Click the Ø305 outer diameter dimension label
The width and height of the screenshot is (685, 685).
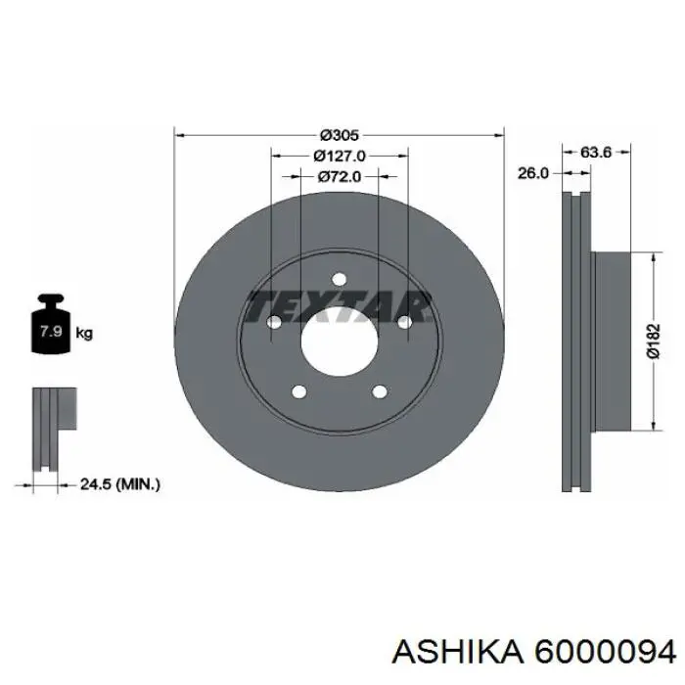click(x=339, y=135)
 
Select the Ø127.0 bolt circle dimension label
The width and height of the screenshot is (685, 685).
click(x=340, y=156)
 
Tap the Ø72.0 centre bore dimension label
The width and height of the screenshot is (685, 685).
click(x=340, y=176)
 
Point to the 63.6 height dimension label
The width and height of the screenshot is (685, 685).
click(x=595, y=152)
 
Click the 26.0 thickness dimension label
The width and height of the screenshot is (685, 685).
click(x=532, y=173)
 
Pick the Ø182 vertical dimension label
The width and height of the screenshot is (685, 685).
click(x=653, y=342)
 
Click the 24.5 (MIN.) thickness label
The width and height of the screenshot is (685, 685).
click(x=119, y=484)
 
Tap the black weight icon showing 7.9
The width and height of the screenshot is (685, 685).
click(x=51, y=323)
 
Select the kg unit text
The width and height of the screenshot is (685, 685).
click(x=84, y=334)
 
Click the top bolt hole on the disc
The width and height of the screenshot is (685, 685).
click(x=339, y=279)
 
